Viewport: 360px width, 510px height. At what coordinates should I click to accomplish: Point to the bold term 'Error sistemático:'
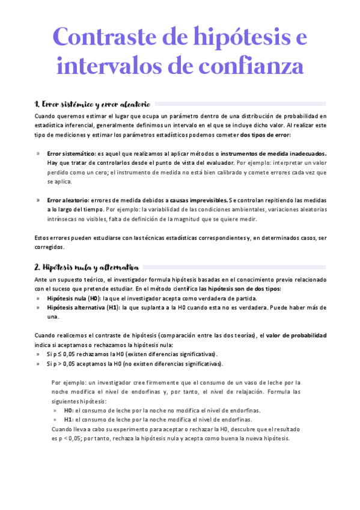(x=70, y=153)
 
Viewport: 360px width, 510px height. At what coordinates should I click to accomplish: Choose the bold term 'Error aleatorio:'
(x=67, y=200)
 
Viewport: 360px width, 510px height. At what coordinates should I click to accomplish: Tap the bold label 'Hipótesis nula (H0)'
(x=73, y=298)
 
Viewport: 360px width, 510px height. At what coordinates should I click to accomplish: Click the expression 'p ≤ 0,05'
(x=64, y=354)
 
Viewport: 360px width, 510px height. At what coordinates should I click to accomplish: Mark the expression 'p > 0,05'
(x=64, y=364)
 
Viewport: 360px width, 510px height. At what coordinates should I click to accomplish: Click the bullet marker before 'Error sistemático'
(x=38, y=153)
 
